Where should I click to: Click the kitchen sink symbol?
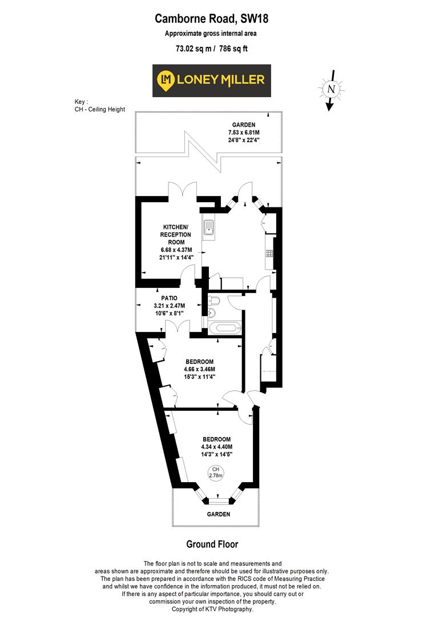point(209,228)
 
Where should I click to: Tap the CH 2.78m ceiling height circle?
point(215,472)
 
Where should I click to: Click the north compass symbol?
point(331,89)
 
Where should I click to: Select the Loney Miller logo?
point(211,81)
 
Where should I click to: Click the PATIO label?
point(169,298)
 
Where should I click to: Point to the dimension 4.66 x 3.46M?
point(199,369)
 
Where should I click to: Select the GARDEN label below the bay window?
point(218,514)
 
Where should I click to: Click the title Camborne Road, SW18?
point(211,19)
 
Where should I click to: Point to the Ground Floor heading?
point(212,544)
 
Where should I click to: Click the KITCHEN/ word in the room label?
point(175,227)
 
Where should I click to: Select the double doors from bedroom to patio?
point(175,326)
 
